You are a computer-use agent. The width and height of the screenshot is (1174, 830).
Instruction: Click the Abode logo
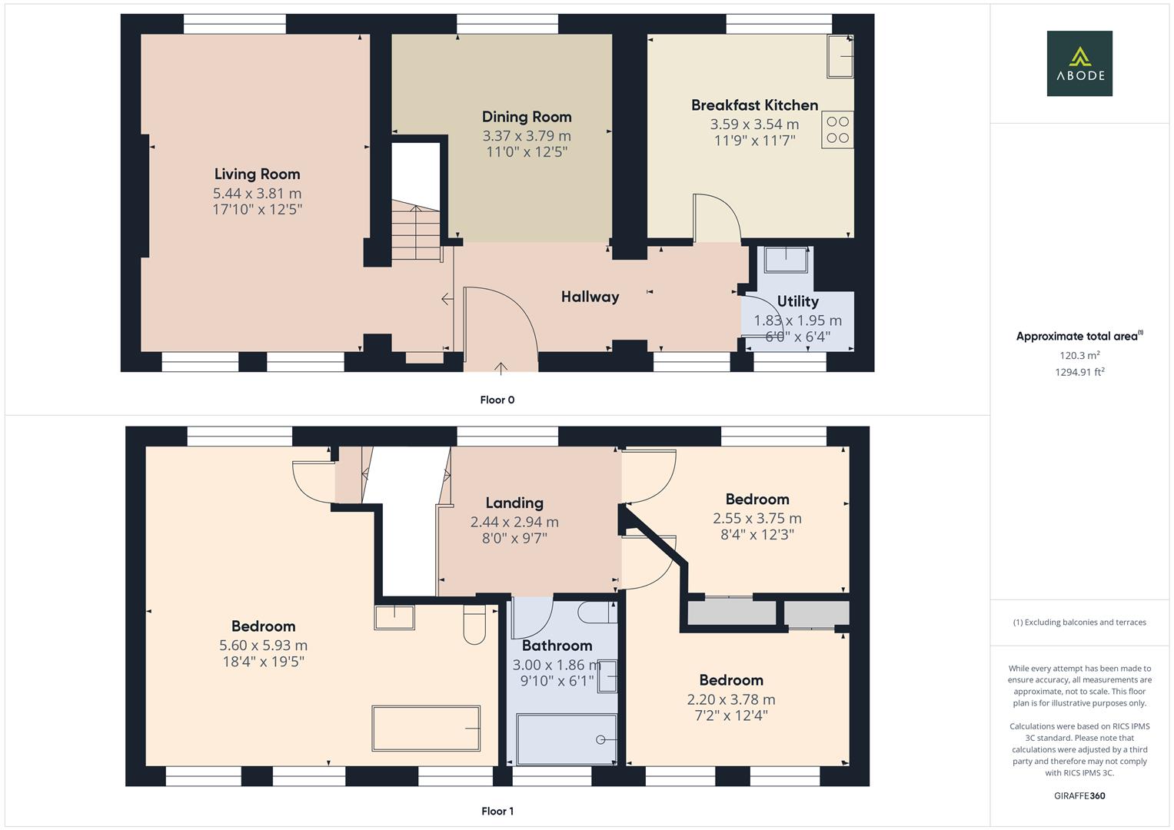[x=1079, y=63]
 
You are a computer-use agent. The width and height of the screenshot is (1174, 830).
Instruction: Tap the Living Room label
[x=257, y=174]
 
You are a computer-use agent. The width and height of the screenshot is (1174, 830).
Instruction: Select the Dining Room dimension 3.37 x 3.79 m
[x=527, y=136]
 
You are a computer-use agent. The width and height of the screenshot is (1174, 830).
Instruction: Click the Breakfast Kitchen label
[x=754, y=105]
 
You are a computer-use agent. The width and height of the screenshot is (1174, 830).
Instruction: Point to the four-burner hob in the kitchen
[x=837, y=130]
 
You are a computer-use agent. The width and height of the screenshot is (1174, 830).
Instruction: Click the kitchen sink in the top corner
[x=840, y=56]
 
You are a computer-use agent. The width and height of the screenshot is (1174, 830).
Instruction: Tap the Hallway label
[x=590, y=297]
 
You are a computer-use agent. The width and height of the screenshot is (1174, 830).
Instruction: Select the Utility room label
[x=797, y=302]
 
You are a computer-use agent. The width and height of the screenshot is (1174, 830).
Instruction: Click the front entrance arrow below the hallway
[x=501, y=368]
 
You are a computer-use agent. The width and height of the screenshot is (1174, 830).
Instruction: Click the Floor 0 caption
[x=497, y=400]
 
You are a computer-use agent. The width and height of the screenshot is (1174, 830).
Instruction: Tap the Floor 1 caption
[x=497, y=811]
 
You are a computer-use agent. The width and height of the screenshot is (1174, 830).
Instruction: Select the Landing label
[x=514, y=503]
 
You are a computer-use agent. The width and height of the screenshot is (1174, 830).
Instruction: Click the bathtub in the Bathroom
[x=567, y=739]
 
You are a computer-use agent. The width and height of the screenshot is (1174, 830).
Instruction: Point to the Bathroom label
[x=557, y=646]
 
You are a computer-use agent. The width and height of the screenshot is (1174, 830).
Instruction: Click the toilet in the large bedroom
[x=474, y=623]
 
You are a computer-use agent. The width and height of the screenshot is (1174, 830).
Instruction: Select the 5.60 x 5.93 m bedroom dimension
[x=263, y=646]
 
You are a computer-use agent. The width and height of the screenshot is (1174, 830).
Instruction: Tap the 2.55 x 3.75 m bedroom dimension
[x=757, y=519]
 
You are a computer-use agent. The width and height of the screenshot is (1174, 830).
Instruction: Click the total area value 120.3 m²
[x=1079, y=356]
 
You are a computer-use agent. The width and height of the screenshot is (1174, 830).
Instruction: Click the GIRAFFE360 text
[x=1079, y=795]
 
